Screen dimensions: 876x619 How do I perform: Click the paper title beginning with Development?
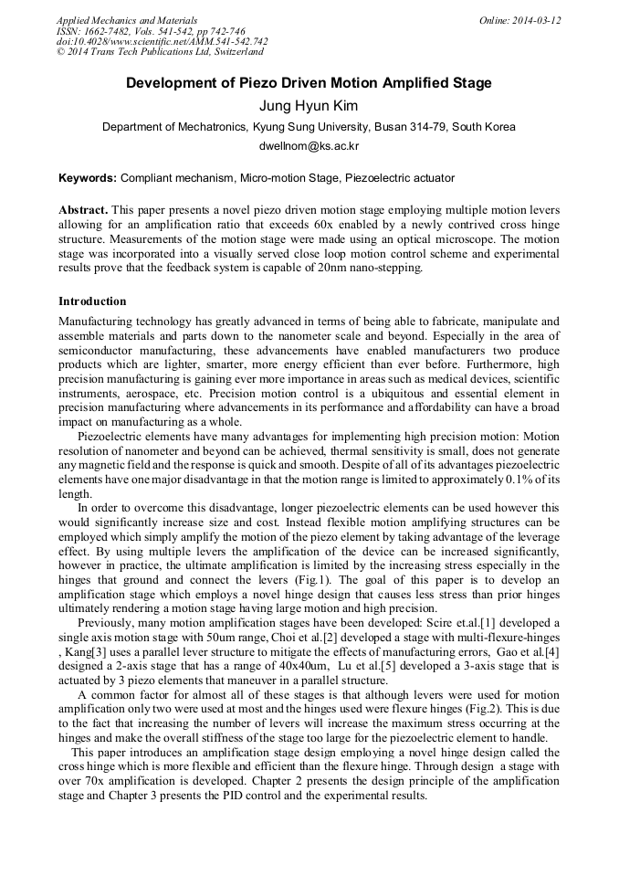[309, 83]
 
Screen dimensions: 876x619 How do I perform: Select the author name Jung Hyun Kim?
[309, 106]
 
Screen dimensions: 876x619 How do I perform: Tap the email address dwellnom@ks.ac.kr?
[309, 146]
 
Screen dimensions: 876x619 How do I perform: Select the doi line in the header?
[162, 42]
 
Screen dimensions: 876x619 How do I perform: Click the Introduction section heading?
[92, 301]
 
